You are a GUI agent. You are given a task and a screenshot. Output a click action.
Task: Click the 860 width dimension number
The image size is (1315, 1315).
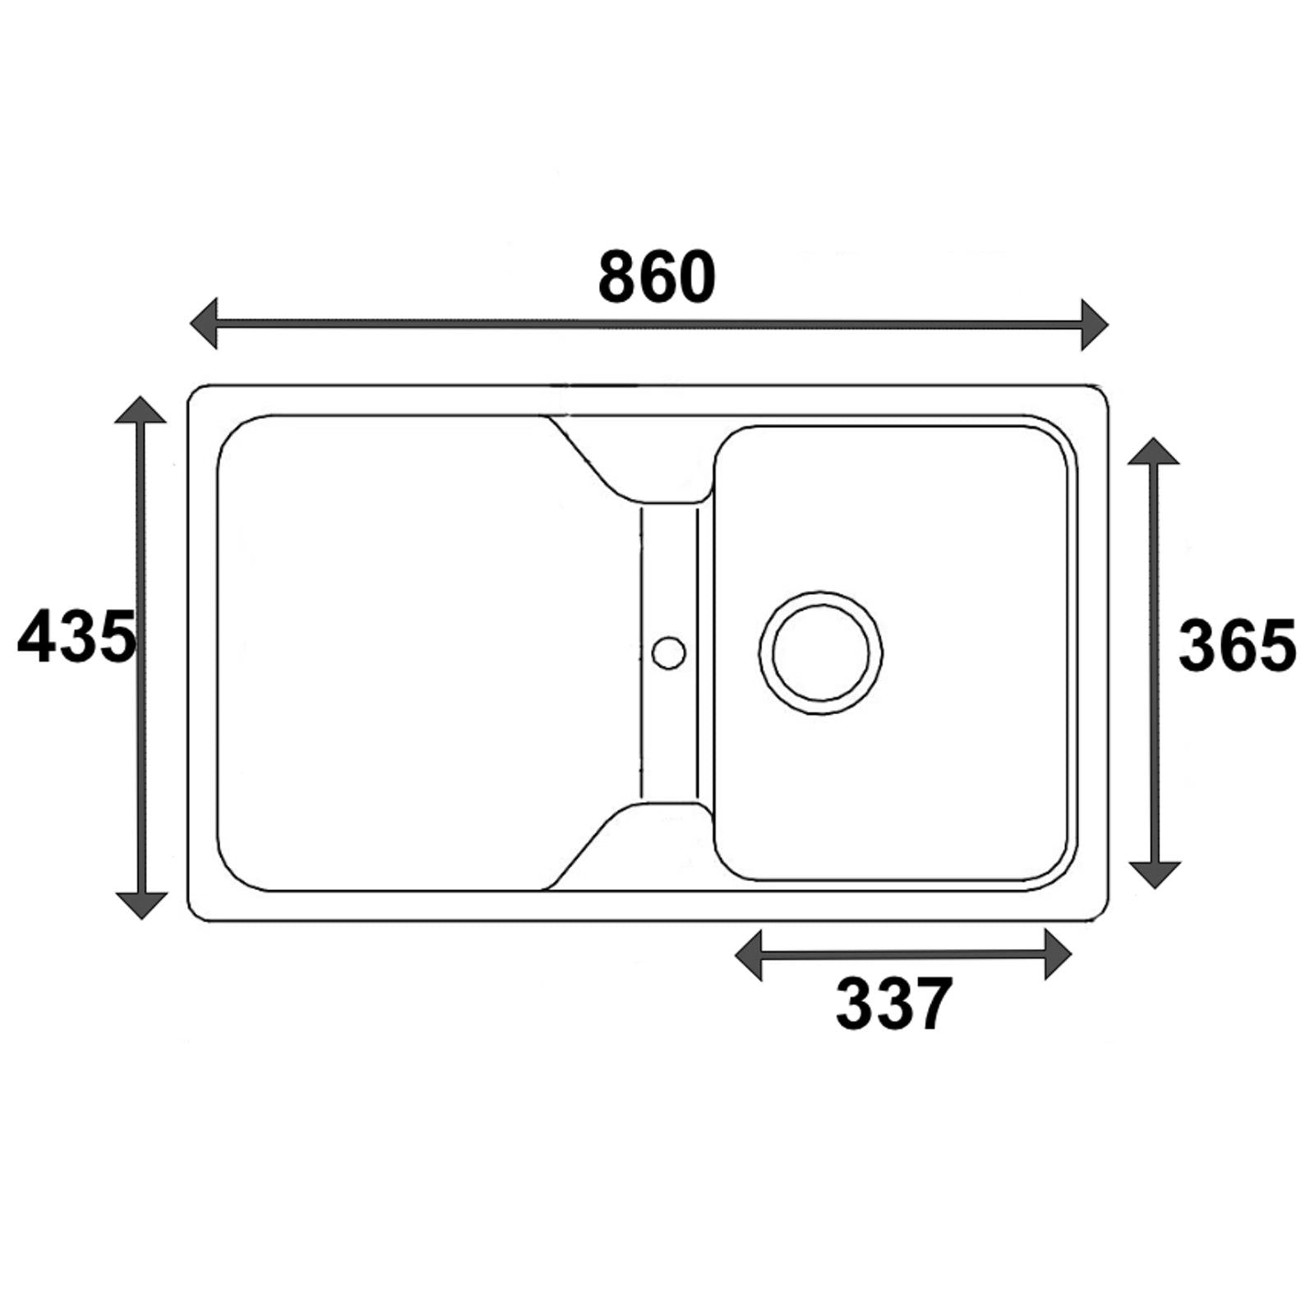(657, 277)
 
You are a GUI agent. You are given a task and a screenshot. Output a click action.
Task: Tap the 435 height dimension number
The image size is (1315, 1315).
(76, 636)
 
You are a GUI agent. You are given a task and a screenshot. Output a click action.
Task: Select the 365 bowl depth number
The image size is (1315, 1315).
(1237, 646)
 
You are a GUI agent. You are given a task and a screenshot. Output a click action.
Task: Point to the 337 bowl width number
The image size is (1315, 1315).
(894, 1004)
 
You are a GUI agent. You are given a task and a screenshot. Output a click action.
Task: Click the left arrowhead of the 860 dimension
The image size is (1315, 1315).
(204, 324)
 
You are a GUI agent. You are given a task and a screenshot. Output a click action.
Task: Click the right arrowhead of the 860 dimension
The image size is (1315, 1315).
(1095, 325)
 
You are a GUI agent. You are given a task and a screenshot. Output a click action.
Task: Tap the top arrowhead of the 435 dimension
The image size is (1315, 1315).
(141, 409)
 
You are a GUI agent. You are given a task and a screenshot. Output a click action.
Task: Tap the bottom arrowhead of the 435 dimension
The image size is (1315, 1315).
(141, 905)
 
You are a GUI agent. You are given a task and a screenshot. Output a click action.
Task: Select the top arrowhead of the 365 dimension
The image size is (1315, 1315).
(1154, 451)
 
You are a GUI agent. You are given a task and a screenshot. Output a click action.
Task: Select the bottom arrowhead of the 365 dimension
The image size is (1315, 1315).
(1156, 874)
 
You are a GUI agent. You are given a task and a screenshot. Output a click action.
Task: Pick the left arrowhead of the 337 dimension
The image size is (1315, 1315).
(749, 955)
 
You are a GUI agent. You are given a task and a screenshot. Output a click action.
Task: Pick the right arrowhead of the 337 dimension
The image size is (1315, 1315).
(1058, 954)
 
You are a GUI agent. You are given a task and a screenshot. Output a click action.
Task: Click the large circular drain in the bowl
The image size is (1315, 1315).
(821, 653)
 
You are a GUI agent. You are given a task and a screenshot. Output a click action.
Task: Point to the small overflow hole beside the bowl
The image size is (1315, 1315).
(668, 652)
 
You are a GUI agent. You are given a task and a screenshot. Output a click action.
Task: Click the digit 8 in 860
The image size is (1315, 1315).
(617, 277)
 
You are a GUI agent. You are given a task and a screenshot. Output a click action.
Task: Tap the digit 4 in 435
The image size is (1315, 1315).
(36, 636)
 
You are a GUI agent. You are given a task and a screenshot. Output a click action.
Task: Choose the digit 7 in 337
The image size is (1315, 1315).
(932, 1004)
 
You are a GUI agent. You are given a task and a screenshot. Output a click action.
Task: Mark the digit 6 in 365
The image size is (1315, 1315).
(1237, 646)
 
